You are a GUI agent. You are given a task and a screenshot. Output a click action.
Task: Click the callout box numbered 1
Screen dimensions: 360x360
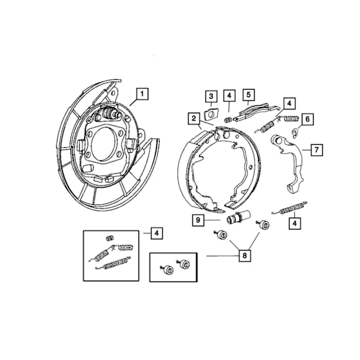pos(142,95)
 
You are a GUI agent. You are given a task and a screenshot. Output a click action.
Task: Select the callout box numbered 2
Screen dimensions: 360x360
pos(194,118)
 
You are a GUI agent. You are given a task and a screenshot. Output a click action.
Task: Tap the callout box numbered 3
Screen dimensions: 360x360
pos(211,96)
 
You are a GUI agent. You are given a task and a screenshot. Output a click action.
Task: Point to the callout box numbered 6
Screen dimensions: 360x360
pos(307,118)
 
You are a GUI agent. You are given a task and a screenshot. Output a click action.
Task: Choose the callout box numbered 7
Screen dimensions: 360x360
pos(315,149)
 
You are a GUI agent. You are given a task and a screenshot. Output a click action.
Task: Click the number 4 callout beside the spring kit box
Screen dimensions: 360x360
pos(157,233)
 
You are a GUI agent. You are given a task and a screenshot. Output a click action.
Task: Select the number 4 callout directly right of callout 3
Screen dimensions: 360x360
pos(229,96)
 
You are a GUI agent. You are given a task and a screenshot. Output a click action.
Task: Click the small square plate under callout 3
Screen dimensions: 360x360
pos(210,114)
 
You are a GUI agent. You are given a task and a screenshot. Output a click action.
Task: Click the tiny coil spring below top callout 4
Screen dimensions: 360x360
pos(228,118)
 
